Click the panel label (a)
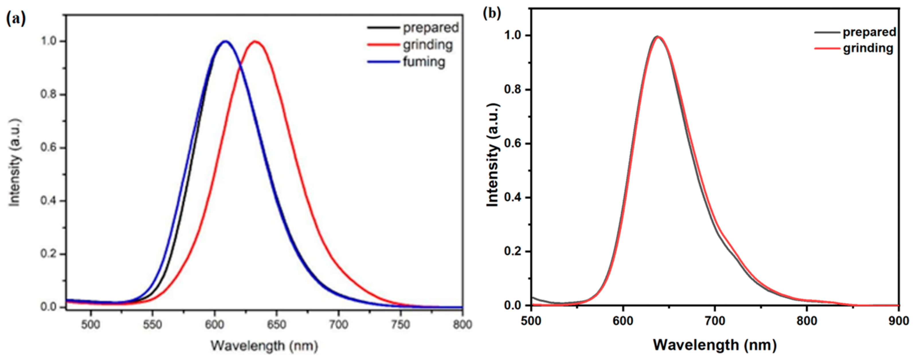[x=16, y=18]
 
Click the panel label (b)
[x=492, y=13]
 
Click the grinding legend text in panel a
[x=428, y=45]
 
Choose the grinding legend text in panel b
[x=868, y=48]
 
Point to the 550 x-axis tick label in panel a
[x=152, y=324]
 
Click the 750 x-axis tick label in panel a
[x=401, y=324]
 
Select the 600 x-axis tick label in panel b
[x=623, y=321]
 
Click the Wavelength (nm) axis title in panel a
[x=264, y=345]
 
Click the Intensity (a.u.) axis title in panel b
[x=493, y=155]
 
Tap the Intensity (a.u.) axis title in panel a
[x=15, y=162]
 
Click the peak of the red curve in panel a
[x=255, y=42]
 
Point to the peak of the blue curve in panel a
[x=225, y=42]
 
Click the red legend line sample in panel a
[x=383, y=45]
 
